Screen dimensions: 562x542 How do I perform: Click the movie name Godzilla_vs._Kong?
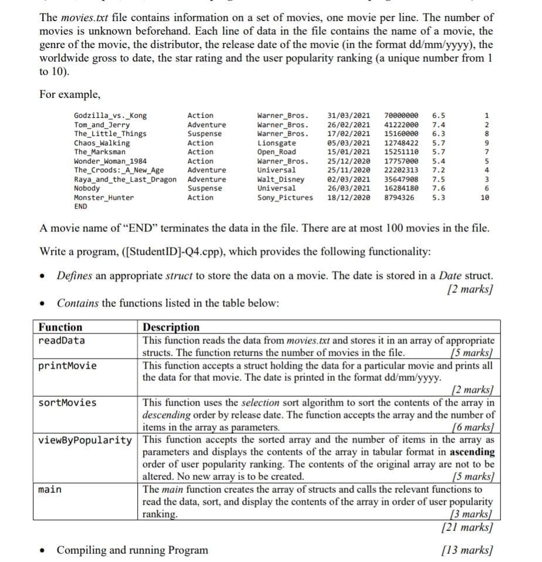click(110, 115)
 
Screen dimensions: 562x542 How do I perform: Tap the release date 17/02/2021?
click(348, 134)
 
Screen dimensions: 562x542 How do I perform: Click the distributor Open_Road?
click(276, 152)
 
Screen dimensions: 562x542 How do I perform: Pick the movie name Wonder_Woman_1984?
click(110, 161)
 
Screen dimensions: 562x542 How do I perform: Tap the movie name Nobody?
click(87, 188)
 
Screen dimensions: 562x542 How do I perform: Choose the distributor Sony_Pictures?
click(285, 197)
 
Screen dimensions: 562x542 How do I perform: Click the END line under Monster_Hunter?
click(80, 206)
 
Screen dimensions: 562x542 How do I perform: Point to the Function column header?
click(60, 327)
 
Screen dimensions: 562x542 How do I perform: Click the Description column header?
click(171, 327)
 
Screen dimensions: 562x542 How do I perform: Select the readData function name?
click(61, 340)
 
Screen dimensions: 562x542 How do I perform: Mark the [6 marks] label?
click(473, 428)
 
